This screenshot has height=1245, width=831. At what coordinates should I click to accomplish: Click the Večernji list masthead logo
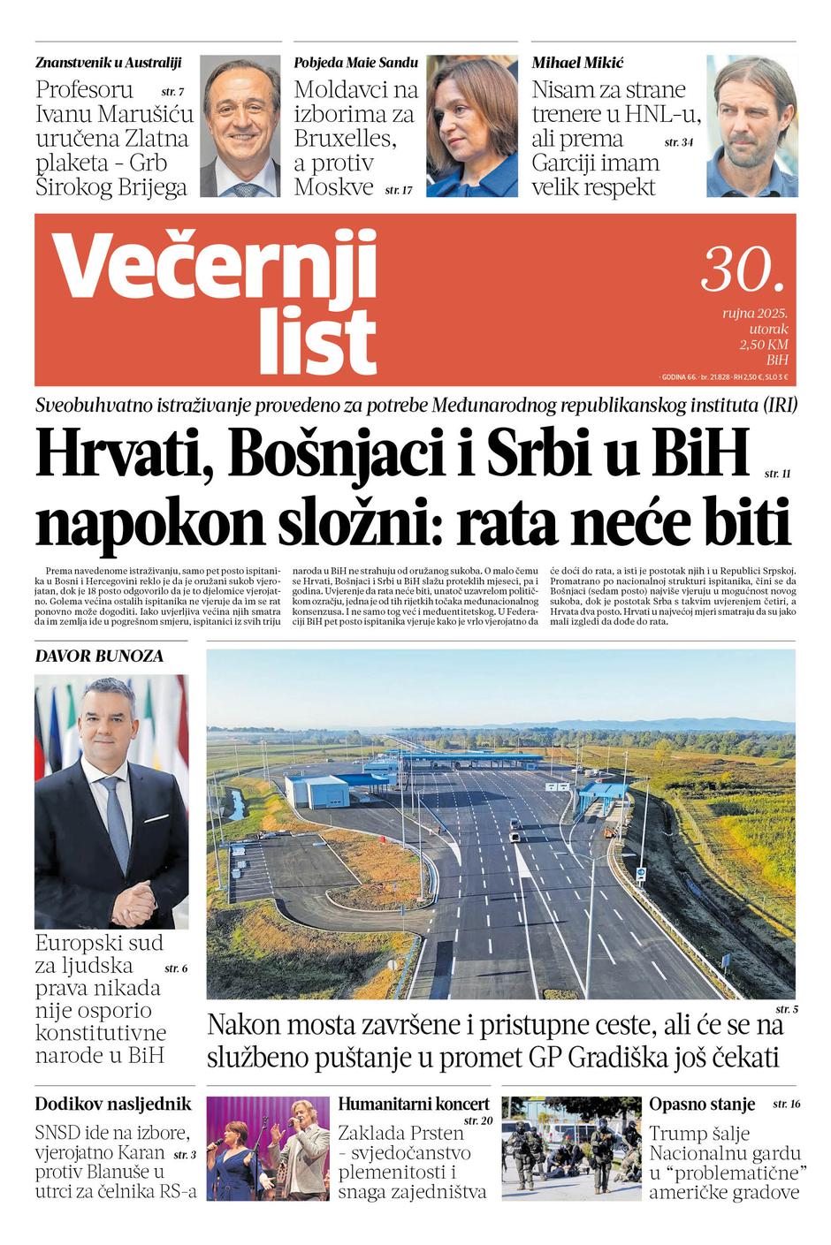point(217,300)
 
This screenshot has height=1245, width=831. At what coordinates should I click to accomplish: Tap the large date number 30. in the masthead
point(743,269)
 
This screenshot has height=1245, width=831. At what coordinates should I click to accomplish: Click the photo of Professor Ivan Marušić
point(240,126)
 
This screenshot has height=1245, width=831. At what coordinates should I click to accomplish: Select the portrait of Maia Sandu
point(472,126)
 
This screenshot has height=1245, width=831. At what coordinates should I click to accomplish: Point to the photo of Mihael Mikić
point(751,126)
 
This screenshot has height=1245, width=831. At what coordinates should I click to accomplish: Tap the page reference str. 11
point(777,474)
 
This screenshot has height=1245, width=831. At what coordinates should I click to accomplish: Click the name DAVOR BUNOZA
point(99,656)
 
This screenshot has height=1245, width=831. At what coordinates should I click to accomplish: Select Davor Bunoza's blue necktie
point(115,822)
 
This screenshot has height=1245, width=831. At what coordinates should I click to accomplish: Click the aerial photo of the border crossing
point(500,824)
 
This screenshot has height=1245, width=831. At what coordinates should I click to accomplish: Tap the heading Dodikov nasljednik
point(113,1104)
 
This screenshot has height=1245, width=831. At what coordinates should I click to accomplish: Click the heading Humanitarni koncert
point(414,1104)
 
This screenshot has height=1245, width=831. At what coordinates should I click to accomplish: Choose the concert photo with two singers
point(268,1148)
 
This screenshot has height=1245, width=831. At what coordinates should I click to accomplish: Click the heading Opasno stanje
point(702,1104)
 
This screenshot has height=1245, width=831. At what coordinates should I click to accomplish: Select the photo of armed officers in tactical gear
point(571,1148)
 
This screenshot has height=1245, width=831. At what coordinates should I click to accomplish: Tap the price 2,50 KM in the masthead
point(763,345)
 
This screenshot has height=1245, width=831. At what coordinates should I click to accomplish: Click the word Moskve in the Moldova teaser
point(334,187)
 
